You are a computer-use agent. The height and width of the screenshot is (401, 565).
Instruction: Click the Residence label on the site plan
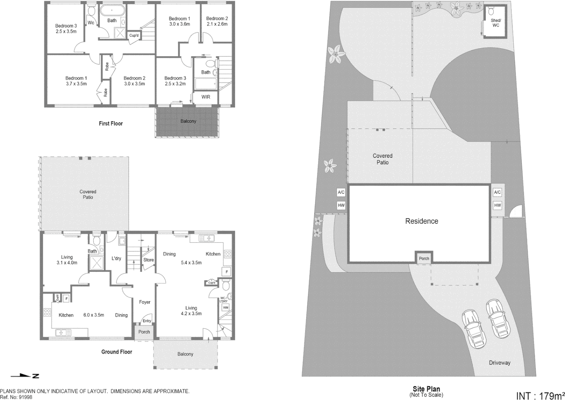click(421, 221)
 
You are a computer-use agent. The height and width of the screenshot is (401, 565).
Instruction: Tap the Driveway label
click(499, 362)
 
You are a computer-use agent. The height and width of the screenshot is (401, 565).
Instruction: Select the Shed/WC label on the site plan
click(496, 23)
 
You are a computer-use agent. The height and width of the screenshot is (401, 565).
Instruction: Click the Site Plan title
click(426, 389)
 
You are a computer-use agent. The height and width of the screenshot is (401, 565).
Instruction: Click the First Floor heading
click(111, 123)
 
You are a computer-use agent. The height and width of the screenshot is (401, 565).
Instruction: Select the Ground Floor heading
click(117, 352)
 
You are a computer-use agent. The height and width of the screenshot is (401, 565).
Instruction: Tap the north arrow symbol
click(25, 376)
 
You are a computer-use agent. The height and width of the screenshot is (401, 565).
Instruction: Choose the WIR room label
click(206, 97)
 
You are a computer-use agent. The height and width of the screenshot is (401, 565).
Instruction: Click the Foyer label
click(145, 302)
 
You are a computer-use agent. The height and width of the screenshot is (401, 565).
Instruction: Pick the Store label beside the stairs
click(149, 260)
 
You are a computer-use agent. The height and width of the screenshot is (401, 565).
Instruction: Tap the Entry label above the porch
click(147, 321)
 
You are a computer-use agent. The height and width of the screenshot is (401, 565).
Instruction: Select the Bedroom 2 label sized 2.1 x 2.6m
click(217, 21)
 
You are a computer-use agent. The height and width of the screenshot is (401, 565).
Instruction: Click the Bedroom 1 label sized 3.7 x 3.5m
click(76, 81)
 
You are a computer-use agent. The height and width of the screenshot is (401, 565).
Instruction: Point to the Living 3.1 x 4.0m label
click(67, 260)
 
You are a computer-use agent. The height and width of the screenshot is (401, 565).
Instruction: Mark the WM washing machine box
click(225, 307)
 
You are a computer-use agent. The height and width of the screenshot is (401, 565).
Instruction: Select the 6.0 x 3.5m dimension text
click(94, 315)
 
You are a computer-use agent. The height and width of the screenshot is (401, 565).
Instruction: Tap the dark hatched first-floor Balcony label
click(188, 121)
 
